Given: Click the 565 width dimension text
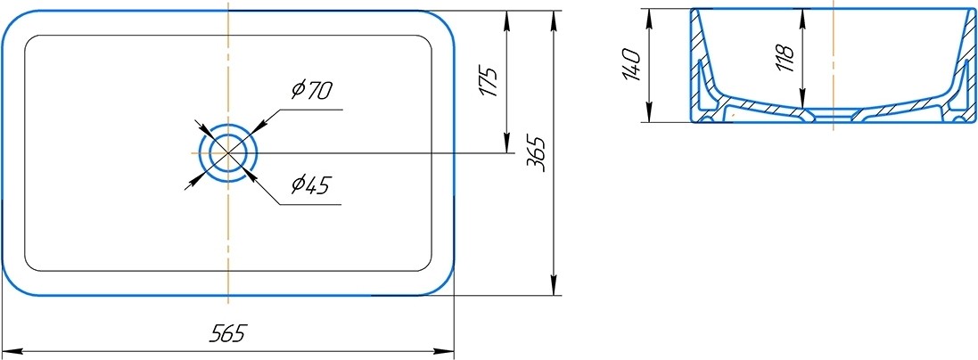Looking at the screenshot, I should coord(227,334).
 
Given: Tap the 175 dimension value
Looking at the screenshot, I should coord(488,81).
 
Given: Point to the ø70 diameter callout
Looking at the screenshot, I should coord(311,91).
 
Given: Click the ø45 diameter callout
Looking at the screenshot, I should coord(310,185).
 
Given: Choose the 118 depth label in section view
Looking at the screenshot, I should coord(785,57).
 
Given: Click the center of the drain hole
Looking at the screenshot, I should coord(228,153).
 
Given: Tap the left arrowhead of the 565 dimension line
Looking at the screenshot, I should coord(11,351).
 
